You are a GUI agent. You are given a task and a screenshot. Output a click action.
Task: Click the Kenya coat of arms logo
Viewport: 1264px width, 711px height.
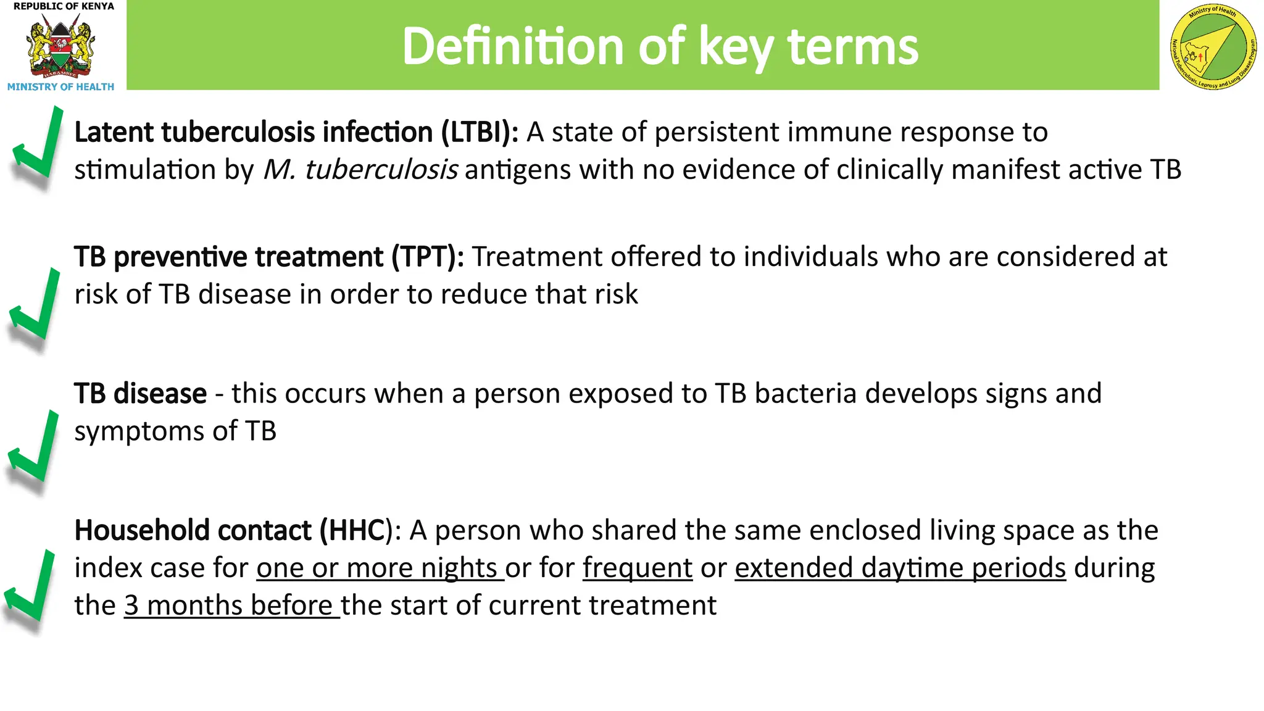[60, 47]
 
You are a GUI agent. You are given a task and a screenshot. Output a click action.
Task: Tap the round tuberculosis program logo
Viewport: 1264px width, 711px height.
[1213, 47]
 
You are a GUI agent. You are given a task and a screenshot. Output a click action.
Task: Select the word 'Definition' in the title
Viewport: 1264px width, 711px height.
[513, 47]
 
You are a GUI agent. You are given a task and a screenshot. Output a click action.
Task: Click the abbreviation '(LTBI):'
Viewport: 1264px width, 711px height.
[480, 133]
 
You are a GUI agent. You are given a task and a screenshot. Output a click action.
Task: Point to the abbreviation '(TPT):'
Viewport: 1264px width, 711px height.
[428, 257]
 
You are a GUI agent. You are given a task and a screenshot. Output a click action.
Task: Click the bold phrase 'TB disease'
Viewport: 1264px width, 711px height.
[140, 394]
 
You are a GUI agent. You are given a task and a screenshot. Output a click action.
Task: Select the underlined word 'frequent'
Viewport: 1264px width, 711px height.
[637, 568]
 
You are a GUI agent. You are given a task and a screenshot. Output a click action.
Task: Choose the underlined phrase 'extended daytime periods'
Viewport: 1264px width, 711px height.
[900, 568]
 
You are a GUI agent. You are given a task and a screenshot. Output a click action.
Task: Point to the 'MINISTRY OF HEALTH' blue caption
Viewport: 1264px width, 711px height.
[60, 87]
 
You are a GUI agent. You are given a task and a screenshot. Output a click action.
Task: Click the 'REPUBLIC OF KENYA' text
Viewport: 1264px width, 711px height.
[64, 6]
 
